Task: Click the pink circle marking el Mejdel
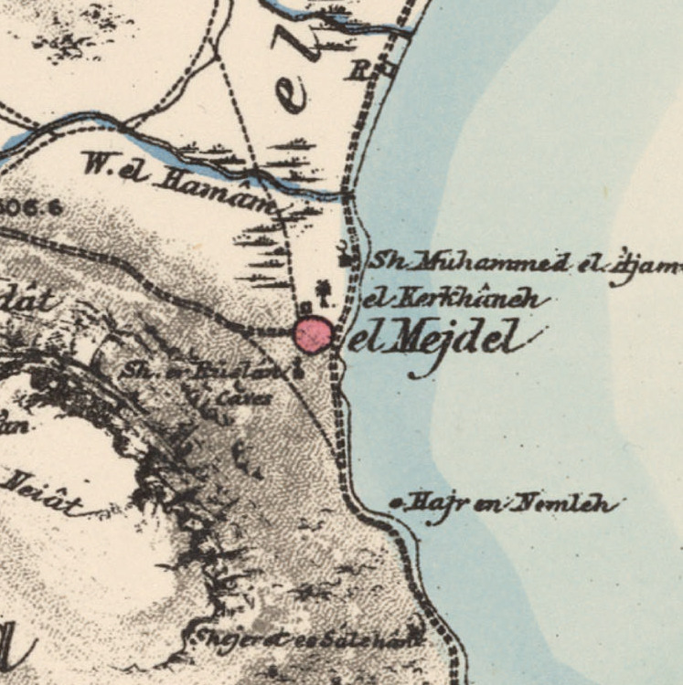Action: click(313, 334)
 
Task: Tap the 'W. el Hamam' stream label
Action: click(178, 181)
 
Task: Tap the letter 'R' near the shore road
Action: click(357, 70)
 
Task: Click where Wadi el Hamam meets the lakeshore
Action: click(350, 194)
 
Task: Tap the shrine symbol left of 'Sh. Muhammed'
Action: click(345, 258)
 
